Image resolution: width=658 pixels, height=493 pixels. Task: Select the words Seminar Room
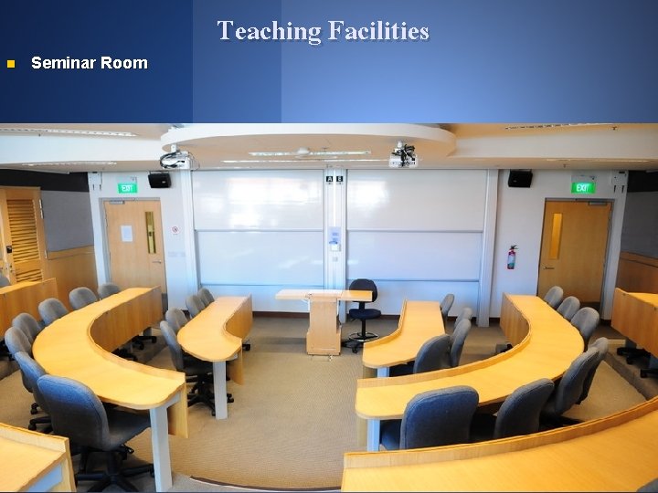coord(89,63)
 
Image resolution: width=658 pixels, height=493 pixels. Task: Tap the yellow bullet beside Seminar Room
coord(10,64)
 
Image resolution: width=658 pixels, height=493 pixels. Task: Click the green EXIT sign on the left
coord(126,187)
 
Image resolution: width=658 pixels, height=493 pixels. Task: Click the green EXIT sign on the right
coord(582,187)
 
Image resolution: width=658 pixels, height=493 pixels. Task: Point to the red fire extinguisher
coord(512,257)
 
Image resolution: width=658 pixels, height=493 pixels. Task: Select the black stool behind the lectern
coord(363,310)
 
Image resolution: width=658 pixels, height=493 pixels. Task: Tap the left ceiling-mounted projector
coord(175,160)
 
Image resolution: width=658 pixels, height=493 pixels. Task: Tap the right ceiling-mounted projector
coord(403,156)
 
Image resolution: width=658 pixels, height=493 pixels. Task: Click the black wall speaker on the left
coord(159,180)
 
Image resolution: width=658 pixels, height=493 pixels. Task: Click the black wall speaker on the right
coord(520,178)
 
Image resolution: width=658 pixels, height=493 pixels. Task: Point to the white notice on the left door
coord(126,233)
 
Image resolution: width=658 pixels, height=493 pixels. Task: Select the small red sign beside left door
coord(175,230)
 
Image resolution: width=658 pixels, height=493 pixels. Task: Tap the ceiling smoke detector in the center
coord(302,152)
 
